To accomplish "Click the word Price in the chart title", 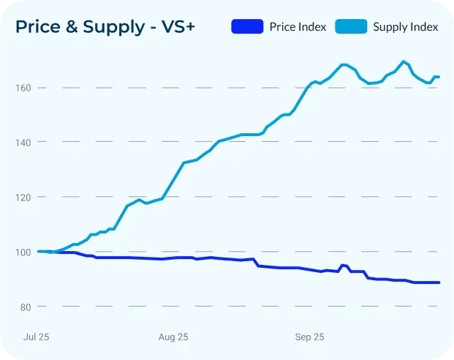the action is (38, 26).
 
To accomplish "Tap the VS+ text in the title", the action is (178, 26).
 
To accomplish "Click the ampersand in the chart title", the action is (72, 26).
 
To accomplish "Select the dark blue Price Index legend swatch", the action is (247, 26).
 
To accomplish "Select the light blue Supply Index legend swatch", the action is (351, 26).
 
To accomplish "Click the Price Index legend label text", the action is (298, 26).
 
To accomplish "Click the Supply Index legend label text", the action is (405, 27).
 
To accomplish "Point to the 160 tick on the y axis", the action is (23, 88).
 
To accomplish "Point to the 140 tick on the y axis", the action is (23, 143).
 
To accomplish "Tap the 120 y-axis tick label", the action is (23, 198).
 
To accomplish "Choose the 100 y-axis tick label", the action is (23, 252).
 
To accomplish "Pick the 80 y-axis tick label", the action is (26, 307).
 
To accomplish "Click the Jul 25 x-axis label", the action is (37, 337).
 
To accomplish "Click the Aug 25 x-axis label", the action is (173, 337).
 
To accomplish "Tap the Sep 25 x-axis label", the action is (309, 337).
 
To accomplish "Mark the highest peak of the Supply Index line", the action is (404, 61).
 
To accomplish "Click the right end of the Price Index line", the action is (439, 282).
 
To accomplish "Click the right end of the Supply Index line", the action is (439, 77).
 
